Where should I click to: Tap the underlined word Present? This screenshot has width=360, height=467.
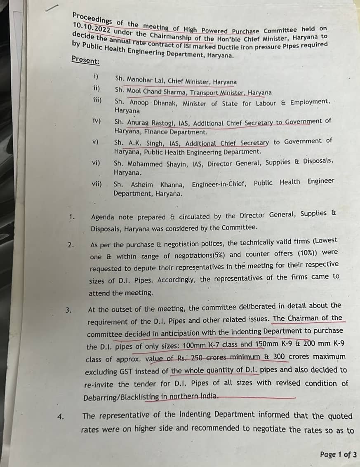[x=85, y=61]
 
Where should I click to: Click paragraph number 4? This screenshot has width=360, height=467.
[x=61, y=416]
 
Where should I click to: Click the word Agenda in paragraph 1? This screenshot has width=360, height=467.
[x=102, y=216]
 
